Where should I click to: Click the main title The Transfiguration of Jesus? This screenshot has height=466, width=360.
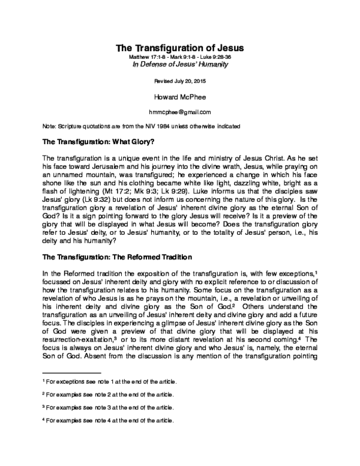pos(180,47)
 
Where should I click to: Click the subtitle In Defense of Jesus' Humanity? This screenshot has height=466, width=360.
pos(180,64)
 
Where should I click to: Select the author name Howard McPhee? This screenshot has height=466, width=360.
pos(180,95)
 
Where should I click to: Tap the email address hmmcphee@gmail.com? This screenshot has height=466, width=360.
pos(180,112)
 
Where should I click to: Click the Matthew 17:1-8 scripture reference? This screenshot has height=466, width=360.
pos(150,57)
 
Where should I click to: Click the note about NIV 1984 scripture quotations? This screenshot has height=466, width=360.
pos(141,126)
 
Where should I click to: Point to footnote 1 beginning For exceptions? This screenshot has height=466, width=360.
pos(108,382)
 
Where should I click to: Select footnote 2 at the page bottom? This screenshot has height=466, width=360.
pos(107,395)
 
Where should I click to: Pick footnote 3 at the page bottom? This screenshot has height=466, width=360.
pos(107,408)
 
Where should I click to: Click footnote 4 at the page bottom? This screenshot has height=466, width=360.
pos(107,420)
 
